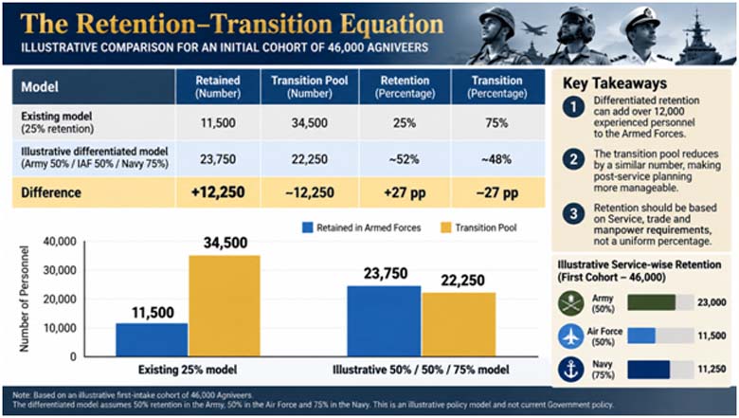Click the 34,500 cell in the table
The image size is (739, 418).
(309, 123)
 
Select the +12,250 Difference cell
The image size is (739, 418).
(218, 192)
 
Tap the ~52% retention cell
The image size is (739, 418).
(405, 159)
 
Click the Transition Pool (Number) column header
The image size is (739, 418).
(309, 86)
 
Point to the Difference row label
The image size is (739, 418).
(51, 192)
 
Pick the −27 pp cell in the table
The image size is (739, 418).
(497, 192)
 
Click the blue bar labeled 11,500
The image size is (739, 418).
(152, 339)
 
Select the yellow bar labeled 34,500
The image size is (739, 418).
(225, 306)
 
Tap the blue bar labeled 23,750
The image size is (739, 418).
(384, 321)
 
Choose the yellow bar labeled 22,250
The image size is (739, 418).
(459, 324)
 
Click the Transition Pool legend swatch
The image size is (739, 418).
(446, 227)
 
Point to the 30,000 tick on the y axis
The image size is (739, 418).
(60, 270)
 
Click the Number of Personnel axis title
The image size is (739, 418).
(24, 299)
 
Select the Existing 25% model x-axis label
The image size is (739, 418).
(188, 370)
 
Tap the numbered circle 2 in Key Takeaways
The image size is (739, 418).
(573, 160)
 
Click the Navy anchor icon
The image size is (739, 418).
(570, 369)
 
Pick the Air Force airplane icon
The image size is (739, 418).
(570, 336)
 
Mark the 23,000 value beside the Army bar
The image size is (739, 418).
(712, 302)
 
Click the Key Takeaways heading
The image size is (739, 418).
(615, 83)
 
